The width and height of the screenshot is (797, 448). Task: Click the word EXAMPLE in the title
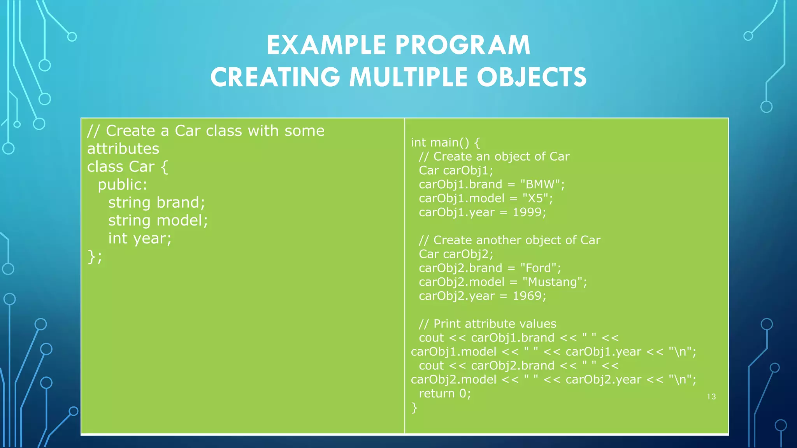click(326, 45)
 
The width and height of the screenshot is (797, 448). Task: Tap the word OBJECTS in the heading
click(532, 77)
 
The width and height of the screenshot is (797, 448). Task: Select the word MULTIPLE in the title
click(408, 77)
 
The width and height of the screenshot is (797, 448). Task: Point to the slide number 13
click(711, 397)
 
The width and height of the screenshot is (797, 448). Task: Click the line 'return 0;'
click(444, 394)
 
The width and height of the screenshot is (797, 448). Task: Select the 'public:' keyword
click(122, 185)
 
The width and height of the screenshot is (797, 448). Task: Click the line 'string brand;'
click(156, 203)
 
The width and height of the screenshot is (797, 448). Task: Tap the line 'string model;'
click(158, 220)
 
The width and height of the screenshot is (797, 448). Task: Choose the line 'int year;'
click(140, 238)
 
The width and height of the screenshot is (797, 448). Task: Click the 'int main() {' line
click(445, 143)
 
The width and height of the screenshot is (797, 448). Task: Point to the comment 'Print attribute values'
click(494, 324)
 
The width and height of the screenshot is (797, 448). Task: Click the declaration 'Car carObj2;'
click(456, 254)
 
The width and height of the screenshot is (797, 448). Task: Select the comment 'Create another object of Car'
click(516, 240)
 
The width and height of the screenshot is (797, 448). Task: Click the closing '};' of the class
click(95, 257)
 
